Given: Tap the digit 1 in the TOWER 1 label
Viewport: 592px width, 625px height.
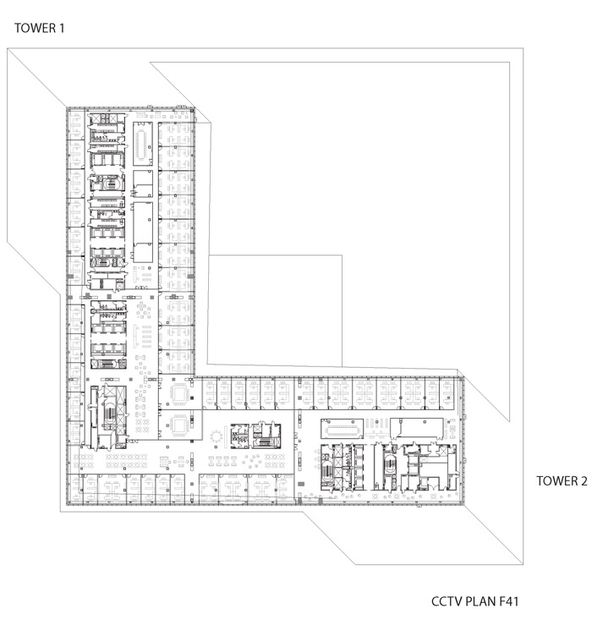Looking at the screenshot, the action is [62, 28].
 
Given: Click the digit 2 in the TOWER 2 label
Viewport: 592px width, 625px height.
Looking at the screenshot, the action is [584, 480].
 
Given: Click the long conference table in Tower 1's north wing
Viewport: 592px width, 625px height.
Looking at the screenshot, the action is [142, 144].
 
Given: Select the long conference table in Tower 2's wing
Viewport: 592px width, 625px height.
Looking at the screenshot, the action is [342, 429].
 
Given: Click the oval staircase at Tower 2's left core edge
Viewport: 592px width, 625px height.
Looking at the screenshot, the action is [327, 469].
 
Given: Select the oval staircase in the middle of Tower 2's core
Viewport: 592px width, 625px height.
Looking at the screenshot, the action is [389, 463].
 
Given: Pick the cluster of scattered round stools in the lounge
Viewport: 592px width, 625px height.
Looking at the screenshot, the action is [252, 461].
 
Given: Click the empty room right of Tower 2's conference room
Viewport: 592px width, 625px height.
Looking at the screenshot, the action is [417, 428].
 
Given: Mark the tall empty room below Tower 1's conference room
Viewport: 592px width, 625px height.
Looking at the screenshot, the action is [143, 232].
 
